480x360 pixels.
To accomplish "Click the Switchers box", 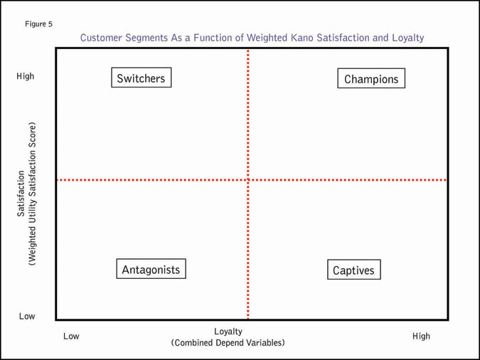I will pyautogui.click(x=141, y=78).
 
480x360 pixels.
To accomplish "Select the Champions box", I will pyautogui.click(x=371, y=79).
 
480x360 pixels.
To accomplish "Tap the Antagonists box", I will pyautogui.click(x=151, y=270).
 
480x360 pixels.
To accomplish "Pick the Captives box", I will pyautogui.click(x=353, y=270).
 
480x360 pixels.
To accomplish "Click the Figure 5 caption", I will pyautogui.click(x=38, y=24).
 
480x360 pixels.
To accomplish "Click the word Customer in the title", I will pyautogui.click(x=101, y=38).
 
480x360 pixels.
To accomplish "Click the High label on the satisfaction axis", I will pyautogui.click(x=25, y=76).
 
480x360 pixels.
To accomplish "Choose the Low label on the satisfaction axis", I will pyautogui.click(x=26, y=316).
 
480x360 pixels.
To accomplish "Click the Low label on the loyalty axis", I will pyautogui.click(x=71, y=336).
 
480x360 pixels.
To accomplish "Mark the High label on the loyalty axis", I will pyautogui.click(x=421, y=336).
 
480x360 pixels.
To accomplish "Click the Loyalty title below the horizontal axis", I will pyautogui.click(x=228, y=332).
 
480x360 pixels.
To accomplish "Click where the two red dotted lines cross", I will pyautogui.click(x=247, y=180).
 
